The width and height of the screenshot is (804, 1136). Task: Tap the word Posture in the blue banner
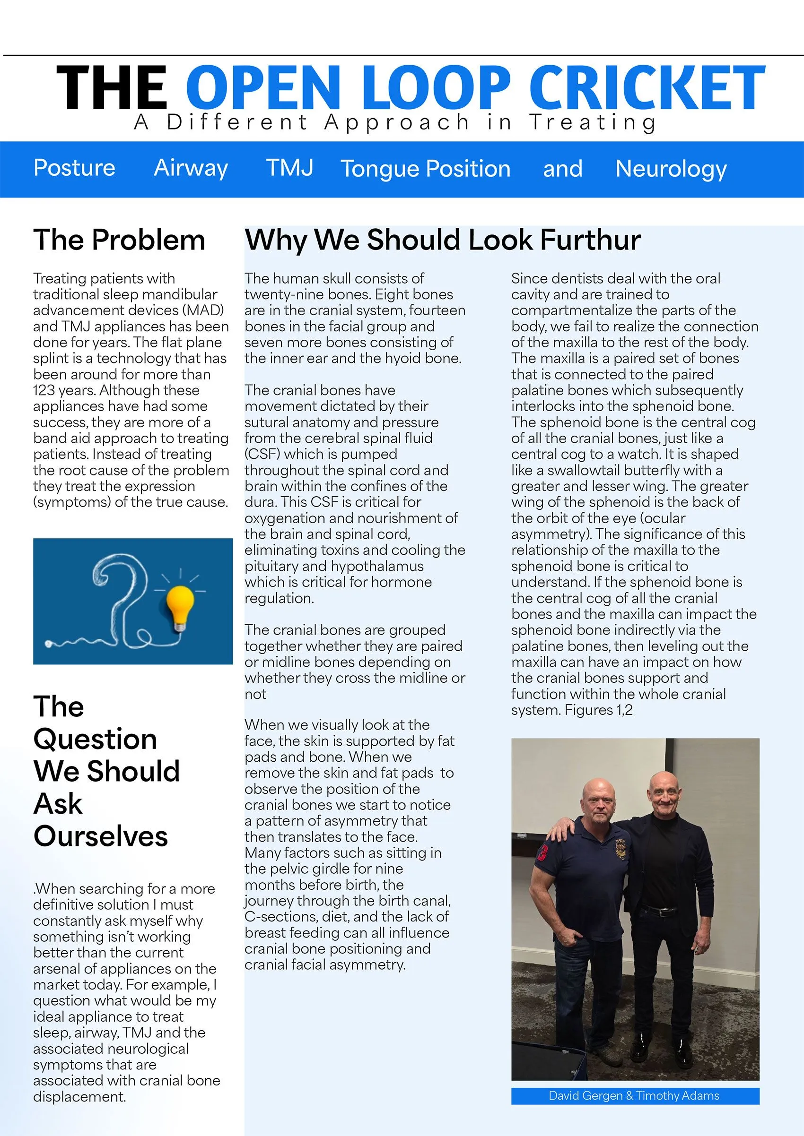pyautogui.click(x=74, y=168)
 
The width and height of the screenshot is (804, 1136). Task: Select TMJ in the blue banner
pyautogui.click(x=289, y=168)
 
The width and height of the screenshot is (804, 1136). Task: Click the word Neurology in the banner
pyautogui.click(x=671, y=169)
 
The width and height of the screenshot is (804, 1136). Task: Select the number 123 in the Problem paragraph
pyautogui.click(x=44, y=390)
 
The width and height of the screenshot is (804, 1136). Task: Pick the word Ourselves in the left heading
pyautogui.click(x=100, y=836)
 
